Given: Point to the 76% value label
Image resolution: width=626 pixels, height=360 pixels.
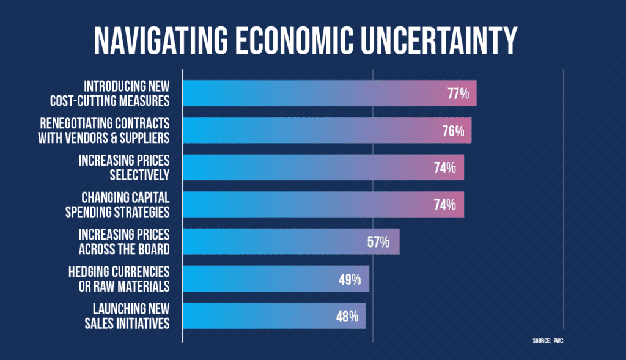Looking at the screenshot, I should coord(452,131).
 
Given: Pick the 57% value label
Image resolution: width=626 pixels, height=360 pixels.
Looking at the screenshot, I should coord(379,242).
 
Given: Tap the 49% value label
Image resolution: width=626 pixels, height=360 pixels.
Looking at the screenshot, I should coord(350,279).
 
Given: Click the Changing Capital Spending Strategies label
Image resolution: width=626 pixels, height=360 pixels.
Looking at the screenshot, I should coord(125,205).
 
